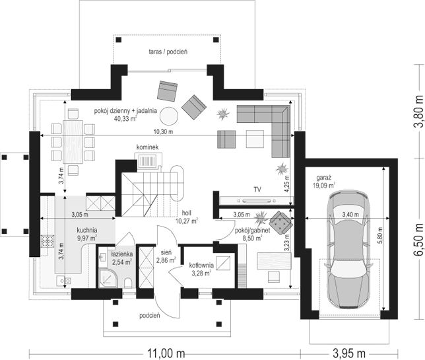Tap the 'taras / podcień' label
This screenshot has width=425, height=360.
pos(168,52)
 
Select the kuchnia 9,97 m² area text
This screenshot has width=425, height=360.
pos(87,234)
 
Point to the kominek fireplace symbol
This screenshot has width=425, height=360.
pos(148,161)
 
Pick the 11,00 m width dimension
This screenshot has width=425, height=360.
pos(166,353)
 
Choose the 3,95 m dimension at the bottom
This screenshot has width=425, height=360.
pos(349,353)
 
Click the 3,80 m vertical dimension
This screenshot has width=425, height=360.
pos(419,111)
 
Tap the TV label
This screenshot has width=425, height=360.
pos(257,190)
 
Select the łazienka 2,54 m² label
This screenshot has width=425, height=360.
pos(121,258)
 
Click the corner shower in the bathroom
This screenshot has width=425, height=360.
pos(108,278)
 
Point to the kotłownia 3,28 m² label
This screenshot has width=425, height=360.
pos(201,269)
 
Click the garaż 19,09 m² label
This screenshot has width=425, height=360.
pos(326,182)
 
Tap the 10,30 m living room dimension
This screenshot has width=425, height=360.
pos(167,132)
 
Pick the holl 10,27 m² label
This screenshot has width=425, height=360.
pos(186,217)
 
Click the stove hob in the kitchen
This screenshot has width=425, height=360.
pos(48,242)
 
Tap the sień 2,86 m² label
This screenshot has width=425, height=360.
pos(166,257)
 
